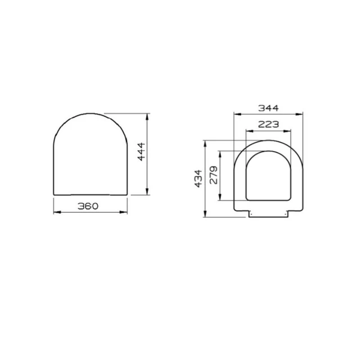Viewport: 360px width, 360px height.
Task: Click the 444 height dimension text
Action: [x=141, y=154]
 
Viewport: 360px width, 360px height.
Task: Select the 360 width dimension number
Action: [x=88, y=206]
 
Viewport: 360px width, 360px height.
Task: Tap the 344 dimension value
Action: [x=268, y=108]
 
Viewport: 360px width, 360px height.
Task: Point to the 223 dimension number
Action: [x=269, y=125]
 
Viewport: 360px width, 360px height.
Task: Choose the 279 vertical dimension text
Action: [x=213, y=175]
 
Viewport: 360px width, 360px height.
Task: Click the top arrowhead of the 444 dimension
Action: [x=148, y=116]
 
